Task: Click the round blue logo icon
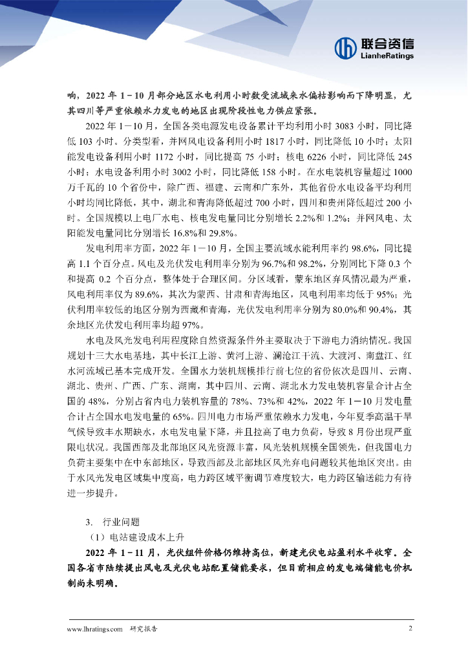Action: coord(346,47)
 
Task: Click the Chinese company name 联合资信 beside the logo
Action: coord(387,43)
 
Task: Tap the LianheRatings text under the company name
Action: coord(387,56)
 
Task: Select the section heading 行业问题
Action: coord(121,521)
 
